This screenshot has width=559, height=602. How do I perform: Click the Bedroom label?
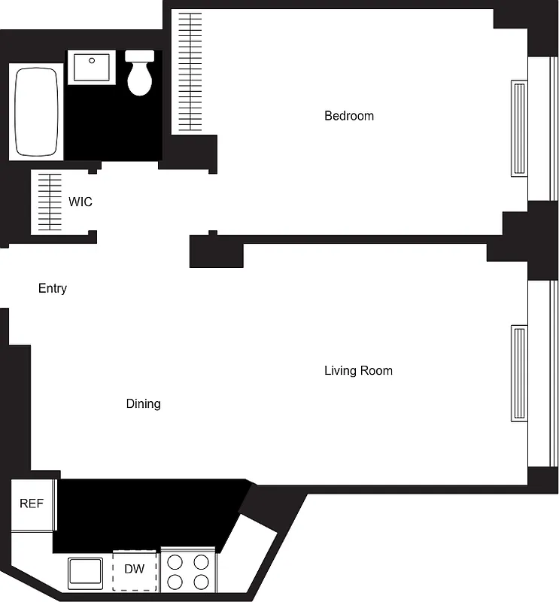tap(348, 116)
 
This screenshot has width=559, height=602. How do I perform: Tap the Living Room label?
tap(358, 370)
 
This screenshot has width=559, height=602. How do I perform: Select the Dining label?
tap(143, 404)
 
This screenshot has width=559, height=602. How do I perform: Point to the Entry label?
tap(53, 288)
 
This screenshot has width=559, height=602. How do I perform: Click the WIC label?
tap(81, 202)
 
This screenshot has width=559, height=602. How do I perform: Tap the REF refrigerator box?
tap(32, 503)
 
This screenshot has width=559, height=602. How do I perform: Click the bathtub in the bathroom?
tap(36, 112)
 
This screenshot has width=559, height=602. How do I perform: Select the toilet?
tap(141, 74)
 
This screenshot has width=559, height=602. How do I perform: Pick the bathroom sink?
tap(91, 68)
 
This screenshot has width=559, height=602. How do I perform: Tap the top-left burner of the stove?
tap(175, 561)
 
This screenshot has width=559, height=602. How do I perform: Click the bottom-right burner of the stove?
tap(201, 581)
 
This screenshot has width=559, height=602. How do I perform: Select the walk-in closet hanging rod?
tap(50, 202)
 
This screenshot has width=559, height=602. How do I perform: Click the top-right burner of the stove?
tap(201, 561)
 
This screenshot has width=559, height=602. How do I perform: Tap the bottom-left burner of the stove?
tap(175, 581)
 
